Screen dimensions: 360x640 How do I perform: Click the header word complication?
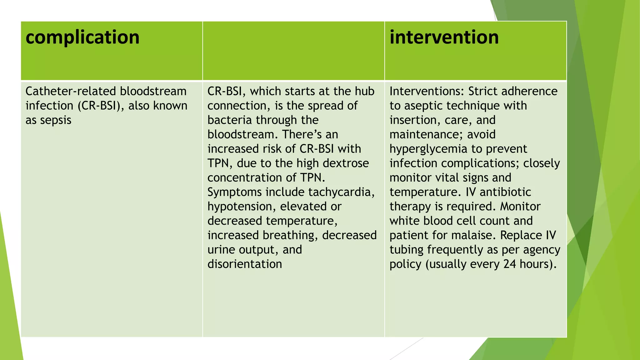click(x=82, y=37)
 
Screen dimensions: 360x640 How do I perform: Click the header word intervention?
click(x=444, y=37)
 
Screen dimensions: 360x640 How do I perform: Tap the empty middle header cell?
click(x=293, y=51)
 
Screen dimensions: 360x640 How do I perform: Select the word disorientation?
click(x=245, y=264)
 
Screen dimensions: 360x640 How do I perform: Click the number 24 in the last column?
click(x=509, y=264)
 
